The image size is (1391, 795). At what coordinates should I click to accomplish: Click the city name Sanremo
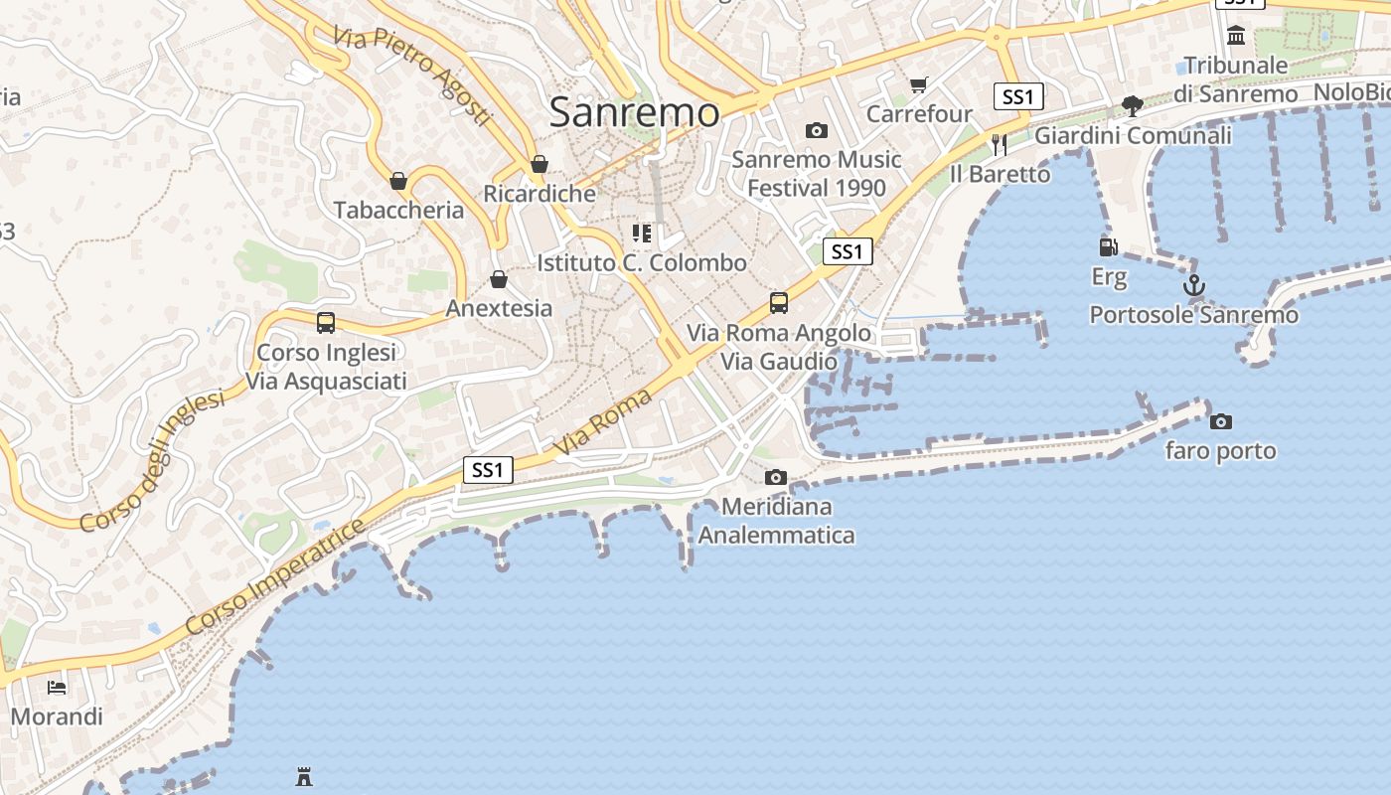point(634,112)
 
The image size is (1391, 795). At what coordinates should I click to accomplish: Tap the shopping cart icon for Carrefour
point(918,85)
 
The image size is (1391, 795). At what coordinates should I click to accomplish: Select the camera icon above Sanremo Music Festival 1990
point(816,130)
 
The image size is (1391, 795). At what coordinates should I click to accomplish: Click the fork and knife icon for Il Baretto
point(999,145)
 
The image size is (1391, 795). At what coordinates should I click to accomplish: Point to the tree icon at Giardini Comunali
point(1132,105)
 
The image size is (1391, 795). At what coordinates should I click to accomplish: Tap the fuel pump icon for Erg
point(1108,246)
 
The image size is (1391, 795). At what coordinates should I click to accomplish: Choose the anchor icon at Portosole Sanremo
point(1193,286)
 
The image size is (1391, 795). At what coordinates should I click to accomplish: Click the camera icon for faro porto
point(1221,421)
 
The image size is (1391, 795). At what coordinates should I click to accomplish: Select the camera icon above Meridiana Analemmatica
point(776,478)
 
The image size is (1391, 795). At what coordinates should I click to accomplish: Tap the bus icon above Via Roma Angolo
point(779,303)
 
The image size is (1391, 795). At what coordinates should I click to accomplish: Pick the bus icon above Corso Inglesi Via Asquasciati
point(326,323)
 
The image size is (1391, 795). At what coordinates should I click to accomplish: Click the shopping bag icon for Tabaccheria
point(398,181)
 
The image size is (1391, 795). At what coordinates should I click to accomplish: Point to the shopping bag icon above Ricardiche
point(540,164)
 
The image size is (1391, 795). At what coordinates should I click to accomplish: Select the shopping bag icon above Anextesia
point(499,279)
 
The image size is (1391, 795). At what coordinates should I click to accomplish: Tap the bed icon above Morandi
point(57,687)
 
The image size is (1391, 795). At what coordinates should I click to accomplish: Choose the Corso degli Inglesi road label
point(153,460)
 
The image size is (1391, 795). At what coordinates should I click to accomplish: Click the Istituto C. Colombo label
point(641,263)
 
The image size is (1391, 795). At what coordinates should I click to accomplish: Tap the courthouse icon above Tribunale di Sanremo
point(1236,36)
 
